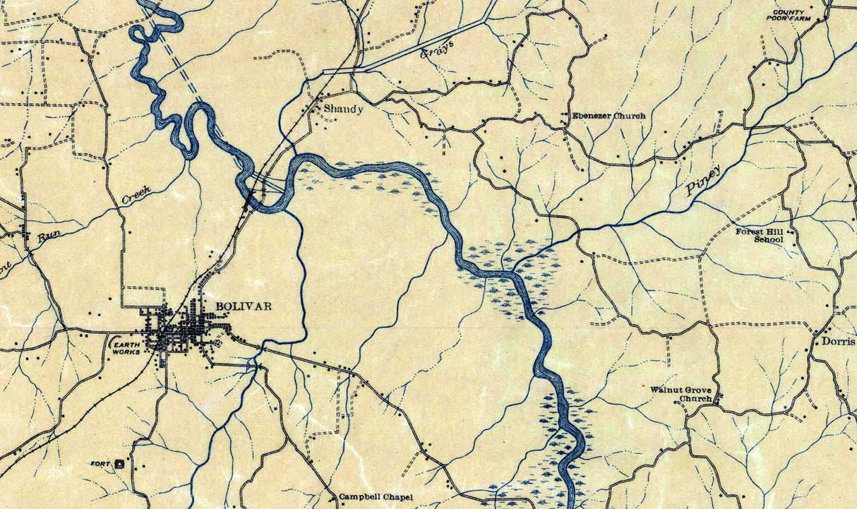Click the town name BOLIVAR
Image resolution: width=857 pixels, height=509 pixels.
coord(243,306)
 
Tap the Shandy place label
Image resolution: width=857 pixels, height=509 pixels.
coord(343,109)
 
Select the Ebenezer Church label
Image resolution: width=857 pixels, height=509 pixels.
coord(609,116)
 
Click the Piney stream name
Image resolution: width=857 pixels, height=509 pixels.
coord(703,181)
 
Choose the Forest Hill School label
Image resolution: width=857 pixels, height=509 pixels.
coord(760,235)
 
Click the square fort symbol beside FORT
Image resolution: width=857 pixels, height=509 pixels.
coord(119,464)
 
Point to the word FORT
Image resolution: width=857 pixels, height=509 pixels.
coord(101,464)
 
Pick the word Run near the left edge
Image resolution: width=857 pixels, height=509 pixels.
coord(48,238)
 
